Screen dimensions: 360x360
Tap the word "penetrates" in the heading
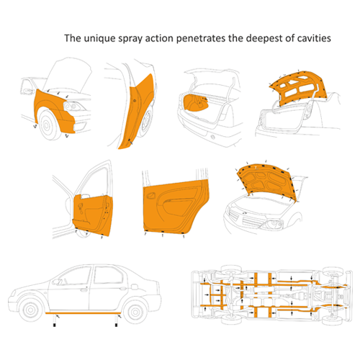(201, 39)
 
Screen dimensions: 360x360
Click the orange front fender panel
(52, 109)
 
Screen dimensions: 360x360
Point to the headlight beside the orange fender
(74, 107)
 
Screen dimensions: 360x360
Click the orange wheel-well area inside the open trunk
(195, 102)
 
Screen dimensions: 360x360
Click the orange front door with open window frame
(94, 214)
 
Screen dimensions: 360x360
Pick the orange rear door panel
(175, 207)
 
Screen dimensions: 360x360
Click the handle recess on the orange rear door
(150, 195)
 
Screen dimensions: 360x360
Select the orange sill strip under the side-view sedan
(84, 313)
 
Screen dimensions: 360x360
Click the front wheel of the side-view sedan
(30, 310)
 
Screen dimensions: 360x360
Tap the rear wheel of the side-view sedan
(136, 312)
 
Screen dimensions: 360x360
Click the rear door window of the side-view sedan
(108, 275)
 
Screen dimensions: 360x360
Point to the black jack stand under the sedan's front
(55, 325)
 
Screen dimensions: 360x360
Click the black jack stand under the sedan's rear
(117, 325)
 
